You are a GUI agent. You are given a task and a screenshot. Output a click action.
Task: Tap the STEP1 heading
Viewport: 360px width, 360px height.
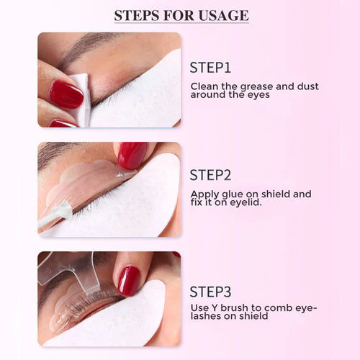point(210,68)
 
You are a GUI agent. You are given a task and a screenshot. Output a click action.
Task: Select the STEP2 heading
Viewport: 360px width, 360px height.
point(210,175)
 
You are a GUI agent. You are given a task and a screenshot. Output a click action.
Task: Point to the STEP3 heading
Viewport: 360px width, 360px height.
point(210,292)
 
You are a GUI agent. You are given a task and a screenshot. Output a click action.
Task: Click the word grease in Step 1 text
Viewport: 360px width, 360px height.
point(253,86)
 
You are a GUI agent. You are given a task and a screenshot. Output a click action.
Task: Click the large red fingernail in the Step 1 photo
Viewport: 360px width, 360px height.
point(66,94)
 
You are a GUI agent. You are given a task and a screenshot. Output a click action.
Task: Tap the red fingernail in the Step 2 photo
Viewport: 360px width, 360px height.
point(132,154)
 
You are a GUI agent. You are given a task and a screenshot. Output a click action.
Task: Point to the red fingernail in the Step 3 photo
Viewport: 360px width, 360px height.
point(130,280)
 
